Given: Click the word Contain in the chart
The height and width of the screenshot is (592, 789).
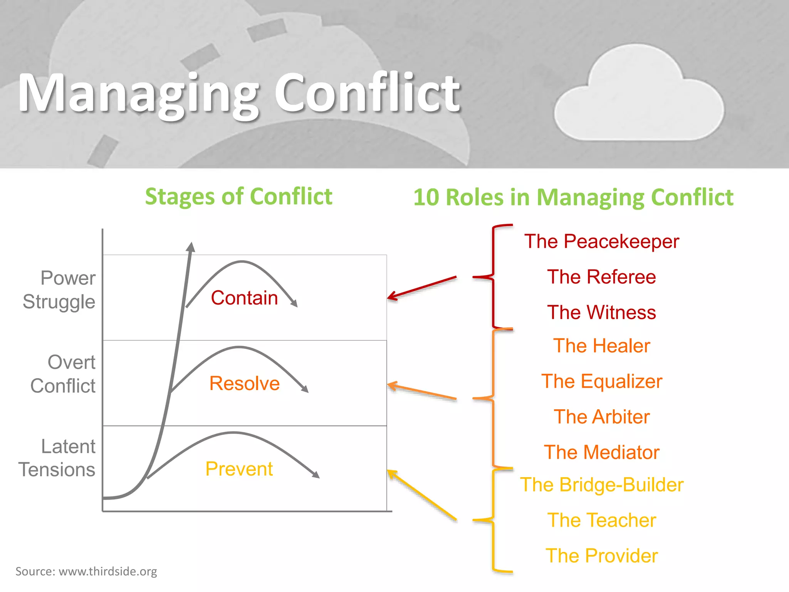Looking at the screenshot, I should (x=244, y=298).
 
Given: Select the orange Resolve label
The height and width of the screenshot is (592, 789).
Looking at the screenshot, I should (x=244, y=383).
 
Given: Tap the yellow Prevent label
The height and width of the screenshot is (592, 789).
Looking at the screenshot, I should (x=239, y=469).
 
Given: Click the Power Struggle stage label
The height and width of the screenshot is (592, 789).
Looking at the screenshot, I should (x=60, y=290).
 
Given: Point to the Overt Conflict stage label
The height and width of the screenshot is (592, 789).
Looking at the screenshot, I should (x=64, y=374).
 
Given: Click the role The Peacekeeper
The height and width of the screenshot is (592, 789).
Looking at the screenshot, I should (x=601, y=242).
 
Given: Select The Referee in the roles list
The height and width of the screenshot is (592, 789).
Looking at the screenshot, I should (x=601, y=277).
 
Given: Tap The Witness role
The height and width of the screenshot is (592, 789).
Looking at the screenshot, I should (x=601, y=312).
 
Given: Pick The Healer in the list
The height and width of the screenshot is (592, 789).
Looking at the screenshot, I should (x=601, y=346).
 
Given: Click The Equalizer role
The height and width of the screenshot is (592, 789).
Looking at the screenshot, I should (x=601, y=382).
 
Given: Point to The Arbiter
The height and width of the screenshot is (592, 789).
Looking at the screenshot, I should (x=601, y=417).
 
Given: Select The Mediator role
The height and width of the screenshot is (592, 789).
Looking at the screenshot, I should (x=601, y=452).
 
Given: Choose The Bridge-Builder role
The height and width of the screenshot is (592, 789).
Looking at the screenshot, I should (x=601, y=485).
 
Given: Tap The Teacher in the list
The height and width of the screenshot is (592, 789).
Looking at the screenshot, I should (x=601, y=520).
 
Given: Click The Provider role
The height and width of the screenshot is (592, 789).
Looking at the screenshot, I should (x=601, y=556).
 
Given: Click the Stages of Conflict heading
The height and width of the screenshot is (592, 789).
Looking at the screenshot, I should (x=238, y=197).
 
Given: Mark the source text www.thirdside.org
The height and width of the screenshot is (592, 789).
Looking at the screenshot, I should (x=107, y=571).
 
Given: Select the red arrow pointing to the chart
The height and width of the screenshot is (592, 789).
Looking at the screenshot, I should (x=422, y=288).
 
